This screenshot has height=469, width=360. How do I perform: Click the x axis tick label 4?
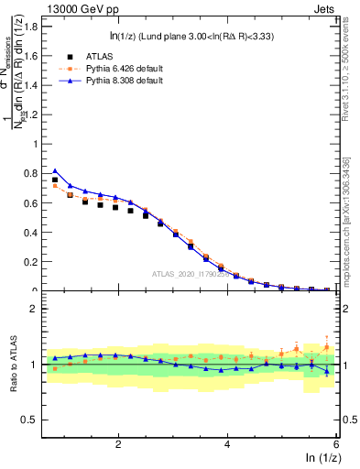point(227,444)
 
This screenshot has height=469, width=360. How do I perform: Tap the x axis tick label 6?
point(335,444)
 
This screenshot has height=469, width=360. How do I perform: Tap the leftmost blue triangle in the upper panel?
point(55,171)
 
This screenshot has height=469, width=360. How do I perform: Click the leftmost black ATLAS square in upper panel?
point(55,180)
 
